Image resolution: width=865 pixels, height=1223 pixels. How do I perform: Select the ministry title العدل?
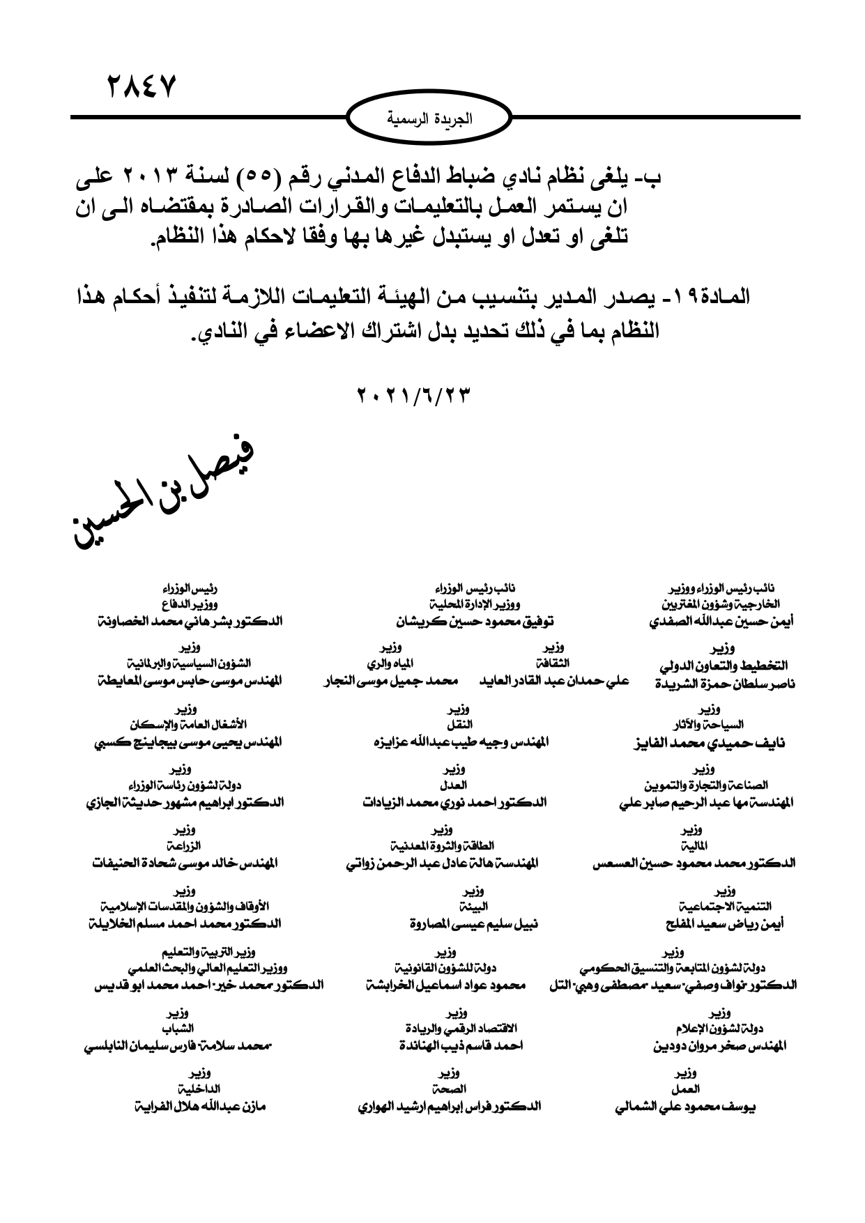[x=455, y=784]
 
